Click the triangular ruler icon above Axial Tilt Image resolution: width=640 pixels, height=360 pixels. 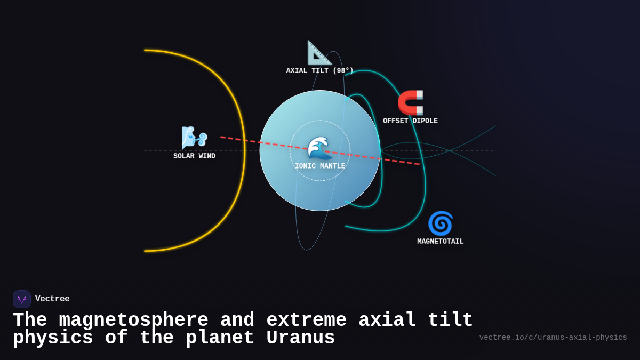[x=319, y=53]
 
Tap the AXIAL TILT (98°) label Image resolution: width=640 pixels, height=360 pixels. [x=319, y=71]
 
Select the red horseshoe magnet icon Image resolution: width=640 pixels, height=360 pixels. [x=411, y=102]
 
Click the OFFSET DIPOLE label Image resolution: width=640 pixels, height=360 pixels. [x=410, y=121]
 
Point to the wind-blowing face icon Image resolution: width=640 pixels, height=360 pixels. [x=194, y=138]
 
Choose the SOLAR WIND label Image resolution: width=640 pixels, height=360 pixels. [x=194, y=156]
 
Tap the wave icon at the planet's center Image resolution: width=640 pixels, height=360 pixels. [x=319, y=148]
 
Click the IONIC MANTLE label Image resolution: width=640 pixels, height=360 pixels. [x=319, y=166]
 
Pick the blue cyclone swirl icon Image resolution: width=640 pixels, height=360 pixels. [x=440, y=223]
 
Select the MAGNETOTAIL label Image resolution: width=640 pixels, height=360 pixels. [x=440, y=242]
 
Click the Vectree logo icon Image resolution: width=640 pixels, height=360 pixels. [x=22, y=299]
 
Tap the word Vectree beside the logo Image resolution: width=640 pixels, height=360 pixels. [x=52, y=299]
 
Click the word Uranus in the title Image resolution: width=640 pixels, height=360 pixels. [x=300, y=338]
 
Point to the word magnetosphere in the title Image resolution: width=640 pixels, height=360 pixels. [x=133, y=321]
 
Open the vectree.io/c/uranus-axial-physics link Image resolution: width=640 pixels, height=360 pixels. [x=553, y=338]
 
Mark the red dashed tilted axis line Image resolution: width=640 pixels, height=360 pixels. [x=245, y=141]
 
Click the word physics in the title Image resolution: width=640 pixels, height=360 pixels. [x=53, y=338]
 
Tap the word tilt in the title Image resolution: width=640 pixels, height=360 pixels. [x=450, y=321]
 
